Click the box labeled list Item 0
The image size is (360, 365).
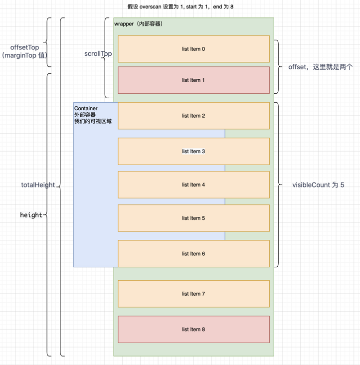click(193, 49)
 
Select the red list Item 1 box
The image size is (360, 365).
click(193, 80)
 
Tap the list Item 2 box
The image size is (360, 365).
click(193, 116)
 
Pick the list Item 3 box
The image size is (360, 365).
click(193, 151)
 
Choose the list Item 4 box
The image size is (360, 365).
click(193, 184)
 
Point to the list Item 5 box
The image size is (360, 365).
click(193, 218)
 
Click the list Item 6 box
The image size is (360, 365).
click(193, 253)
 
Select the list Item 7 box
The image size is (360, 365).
click(193, 294)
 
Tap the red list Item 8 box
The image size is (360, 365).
click(193, 329)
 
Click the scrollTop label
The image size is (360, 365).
click(98, 54)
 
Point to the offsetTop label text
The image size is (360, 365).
click(24, 47)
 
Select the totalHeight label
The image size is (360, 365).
click(38, 185)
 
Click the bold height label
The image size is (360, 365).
click(31, 215)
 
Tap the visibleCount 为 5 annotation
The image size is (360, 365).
click(318, 185)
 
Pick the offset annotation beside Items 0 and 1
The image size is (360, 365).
click(320, 67)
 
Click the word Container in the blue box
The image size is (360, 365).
click(86, 108)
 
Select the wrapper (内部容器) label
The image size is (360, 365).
click(138, 23)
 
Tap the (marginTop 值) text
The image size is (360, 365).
click(24, 55)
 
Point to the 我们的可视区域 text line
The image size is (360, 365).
click(93, 121)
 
